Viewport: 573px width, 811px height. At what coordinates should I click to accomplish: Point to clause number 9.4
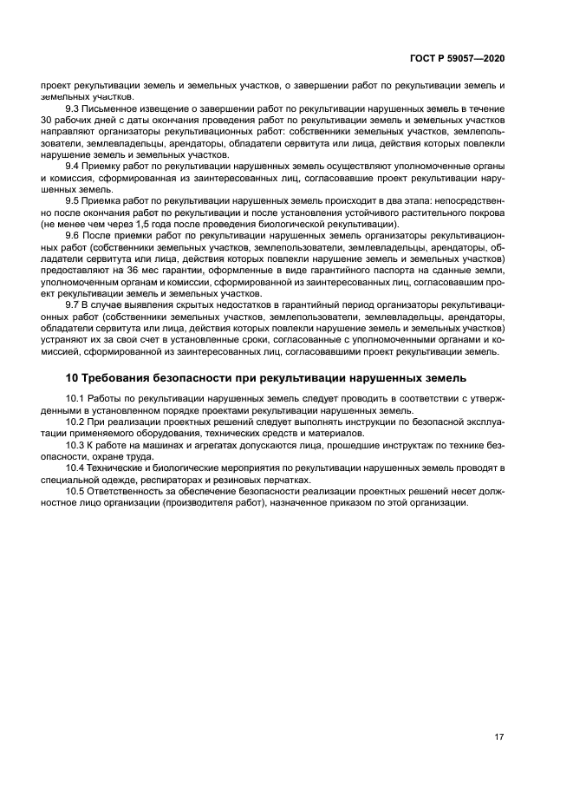(x=74, y=165)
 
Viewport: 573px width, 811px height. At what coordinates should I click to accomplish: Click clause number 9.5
(x=74, y=199)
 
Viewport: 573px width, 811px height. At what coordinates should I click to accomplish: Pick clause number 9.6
(x=74, y=234)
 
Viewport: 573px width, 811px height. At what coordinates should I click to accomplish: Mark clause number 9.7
(x=74, y=305)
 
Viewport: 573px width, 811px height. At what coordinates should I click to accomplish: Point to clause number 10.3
(x=76, y=444)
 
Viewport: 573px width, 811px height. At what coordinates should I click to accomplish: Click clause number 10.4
(x=76, y=468)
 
